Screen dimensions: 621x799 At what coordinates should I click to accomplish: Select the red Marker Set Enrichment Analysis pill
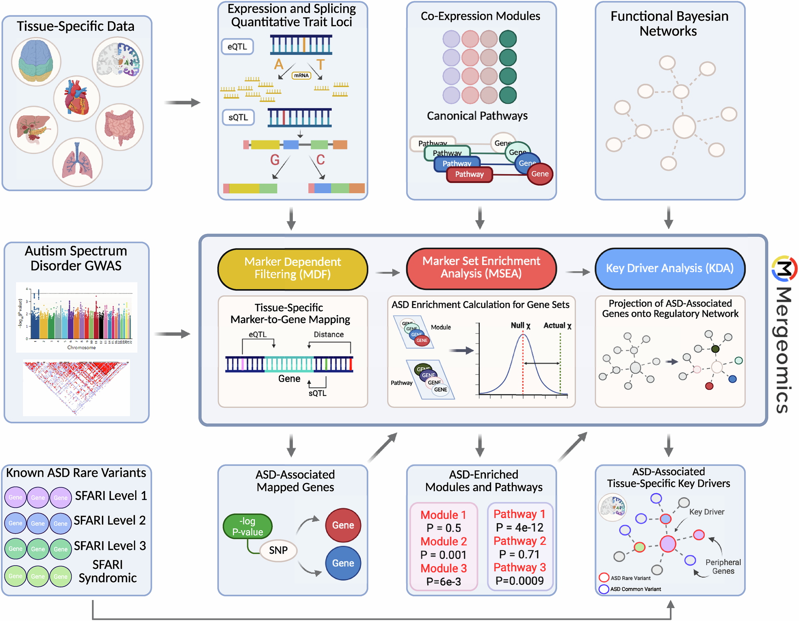(x=481, y=268)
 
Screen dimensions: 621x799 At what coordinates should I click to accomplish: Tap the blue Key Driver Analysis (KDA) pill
(x=670, y=269)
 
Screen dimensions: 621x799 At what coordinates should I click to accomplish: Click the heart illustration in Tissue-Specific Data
(x=76, y=98)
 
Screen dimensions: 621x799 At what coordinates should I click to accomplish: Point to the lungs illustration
(x=77, y=162)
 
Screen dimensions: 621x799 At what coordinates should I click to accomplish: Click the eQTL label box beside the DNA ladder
(x=237, y=47)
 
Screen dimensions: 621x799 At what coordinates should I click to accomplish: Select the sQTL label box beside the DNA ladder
(x=238, y=117)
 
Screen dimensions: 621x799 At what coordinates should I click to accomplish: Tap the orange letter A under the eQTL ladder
(x=278, y=64)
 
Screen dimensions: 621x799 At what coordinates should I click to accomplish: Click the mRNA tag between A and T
(x=301, y=75)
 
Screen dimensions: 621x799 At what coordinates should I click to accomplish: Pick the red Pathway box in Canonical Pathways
(x=469, y=174)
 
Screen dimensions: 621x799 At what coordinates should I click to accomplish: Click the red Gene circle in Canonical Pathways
(x=540, y=174)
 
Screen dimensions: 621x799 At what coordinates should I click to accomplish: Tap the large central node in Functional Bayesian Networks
(x=684, y=127)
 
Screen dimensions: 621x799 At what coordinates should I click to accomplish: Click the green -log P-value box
(x=248, y=526)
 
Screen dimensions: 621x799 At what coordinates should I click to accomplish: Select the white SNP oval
(x=278, y=550)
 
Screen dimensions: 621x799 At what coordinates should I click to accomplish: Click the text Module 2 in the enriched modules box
(x=443, y=541)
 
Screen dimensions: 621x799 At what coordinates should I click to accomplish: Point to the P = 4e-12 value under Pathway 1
(x=520, y=528)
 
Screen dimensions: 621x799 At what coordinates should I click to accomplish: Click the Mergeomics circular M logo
(x=784, y=269)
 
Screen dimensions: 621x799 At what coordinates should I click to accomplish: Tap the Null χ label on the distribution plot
(x=520, y=325)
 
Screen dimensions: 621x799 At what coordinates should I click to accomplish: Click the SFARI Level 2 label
(x=109, y=520)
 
